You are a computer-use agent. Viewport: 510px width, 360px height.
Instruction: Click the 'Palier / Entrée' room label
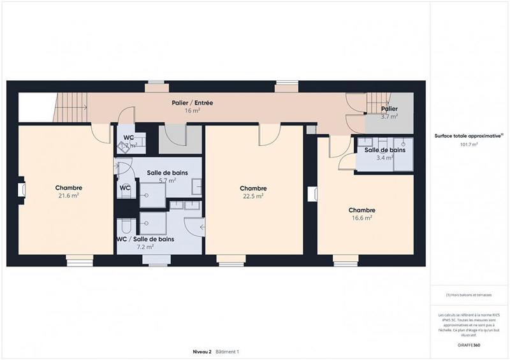point(192,103)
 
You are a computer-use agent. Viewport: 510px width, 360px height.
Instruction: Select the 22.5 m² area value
point(252,196)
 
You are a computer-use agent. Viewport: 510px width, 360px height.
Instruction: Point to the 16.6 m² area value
point(361,218)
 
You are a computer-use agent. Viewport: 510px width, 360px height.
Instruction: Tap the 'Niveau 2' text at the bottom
point(202,352)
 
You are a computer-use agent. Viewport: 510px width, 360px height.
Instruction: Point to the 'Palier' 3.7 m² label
point(390,110)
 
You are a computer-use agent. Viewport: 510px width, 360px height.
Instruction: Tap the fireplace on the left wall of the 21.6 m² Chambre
point(21,189)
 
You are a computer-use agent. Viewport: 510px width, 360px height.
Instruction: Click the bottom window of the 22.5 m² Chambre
point(231,260)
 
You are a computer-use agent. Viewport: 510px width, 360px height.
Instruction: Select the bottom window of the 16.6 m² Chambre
point(346,260)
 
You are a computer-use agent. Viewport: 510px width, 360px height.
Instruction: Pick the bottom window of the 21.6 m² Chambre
point(80,260)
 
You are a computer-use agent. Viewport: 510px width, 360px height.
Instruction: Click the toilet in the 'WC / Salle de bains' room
point(126,227)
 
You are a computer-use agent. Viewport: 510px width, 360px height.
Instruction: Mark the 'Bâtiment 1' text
point(227,352)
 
